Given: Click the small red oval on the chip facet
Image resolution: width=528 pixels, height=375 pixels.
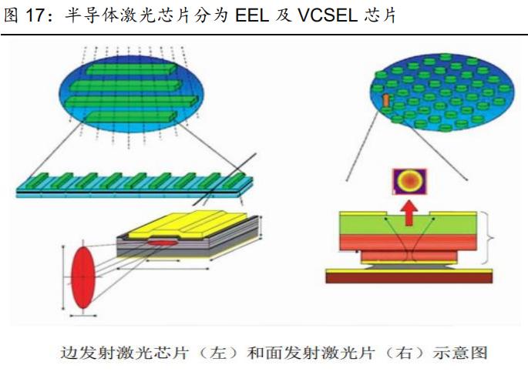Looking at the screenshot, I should click(x=162, y=243).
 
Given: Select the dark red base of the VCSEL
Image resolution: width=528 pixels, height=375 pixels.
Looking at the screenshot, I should click(x=409, y=277).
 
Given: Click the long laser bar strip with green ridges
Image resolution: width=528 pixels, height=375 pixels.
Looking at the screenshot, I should click(x=135, y=185).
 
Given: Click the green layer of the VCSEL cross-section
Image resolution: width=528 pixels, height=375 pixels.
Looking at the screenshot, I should click(x=409, y=223).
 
